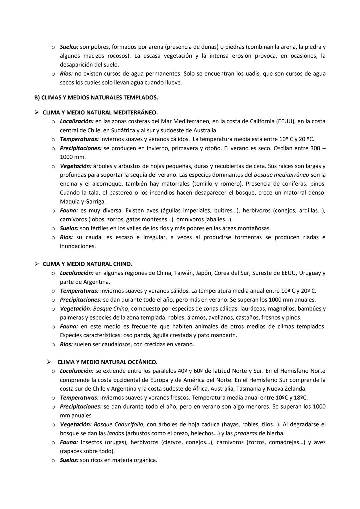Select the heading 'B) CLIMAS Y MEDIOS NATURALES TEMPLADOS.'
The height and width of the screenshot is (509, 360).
tap(96, 98)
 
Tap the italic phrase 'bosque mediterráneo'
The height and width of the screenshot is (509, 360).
tap(281, 175)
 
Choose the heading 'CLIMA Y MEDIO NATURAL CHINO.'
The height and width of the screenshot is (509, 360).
tap(87, 264)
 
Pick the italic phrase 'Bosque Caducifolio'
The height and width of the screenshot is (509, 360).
tap(118, 424)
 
